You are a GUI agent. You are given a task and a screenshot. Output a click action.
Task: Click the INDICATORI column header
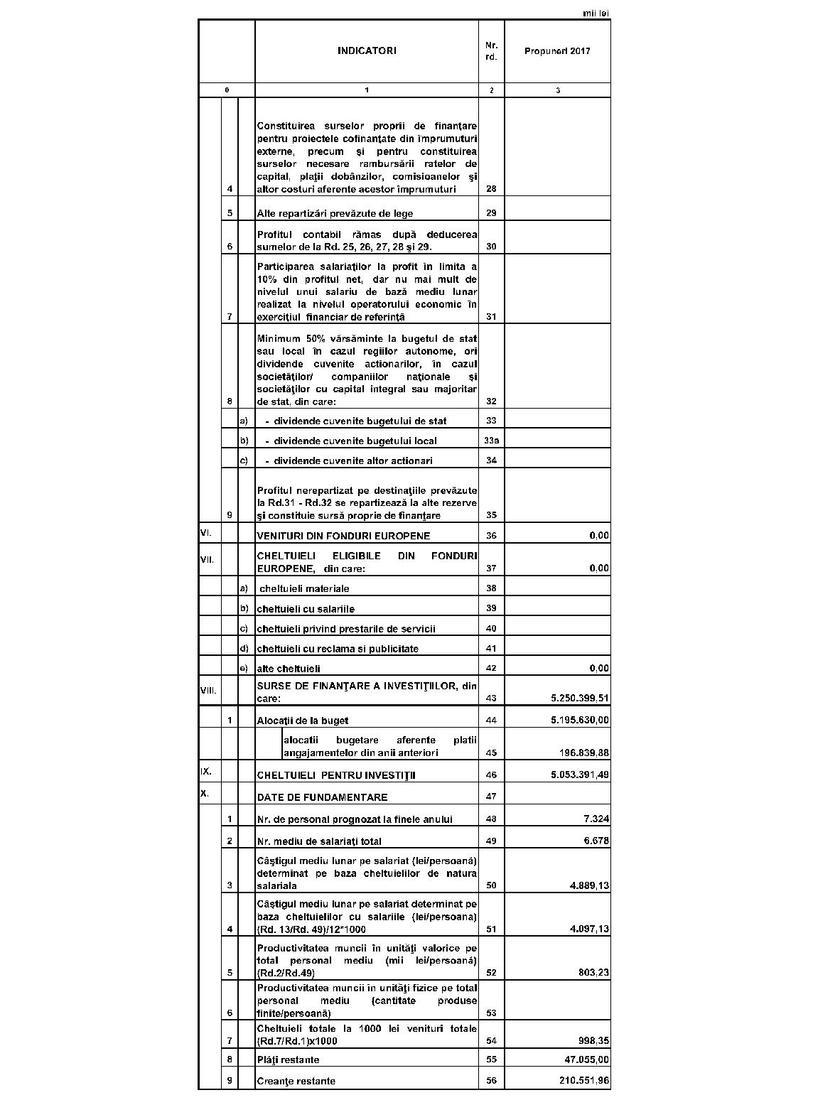coord(367,50)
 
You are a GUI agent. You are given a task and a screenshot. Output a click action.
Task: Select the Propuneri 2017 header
coord(557,51)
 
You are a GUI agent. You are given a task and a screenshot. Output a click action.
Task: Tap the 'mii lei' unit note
coord(596,14)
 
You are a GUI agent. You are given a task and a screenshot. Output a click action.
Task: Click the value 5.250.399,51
coord(580,699)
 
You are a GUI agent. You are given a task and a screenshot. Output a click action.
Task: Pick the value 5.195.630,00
coord(580,721)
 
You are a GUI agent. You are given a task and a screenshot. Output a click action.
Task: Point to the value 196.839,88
coord(585,753)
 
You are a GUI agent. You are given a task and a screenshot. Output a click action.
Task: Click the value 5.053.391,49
coord(580,775)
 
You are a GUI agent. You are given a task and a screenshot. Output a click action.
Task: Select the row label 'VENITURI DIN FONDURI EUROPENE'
coord(343,536)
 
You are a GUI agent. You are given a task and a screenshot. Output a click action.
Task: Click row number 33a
coord(491,441)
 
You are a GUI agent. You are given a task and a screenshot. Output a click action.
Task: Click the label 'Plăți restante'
coord(288,1060)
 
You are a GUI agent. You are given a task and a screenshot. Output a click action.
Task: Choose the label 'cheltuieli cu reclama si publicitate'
coord(338,649)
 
